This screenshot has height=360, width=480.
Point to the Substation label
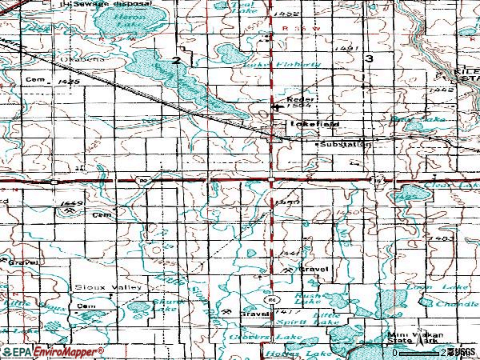click(x=345, y=145)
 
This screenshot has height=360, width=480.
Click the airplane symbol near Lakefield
click(x=277, y=106)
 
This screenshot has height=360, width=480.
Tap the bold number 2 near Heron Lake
click(x=175, y=61)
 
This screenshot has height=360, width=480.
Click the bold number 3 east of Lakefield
click(x=369, y=59)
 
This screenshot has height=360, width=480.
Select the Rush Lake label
click(x=307, y=297)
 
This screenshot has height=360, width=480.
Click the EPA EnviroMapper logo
click(x=53, y=351)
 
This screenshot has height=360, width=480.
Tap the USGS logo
click(x=462, y=351)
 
